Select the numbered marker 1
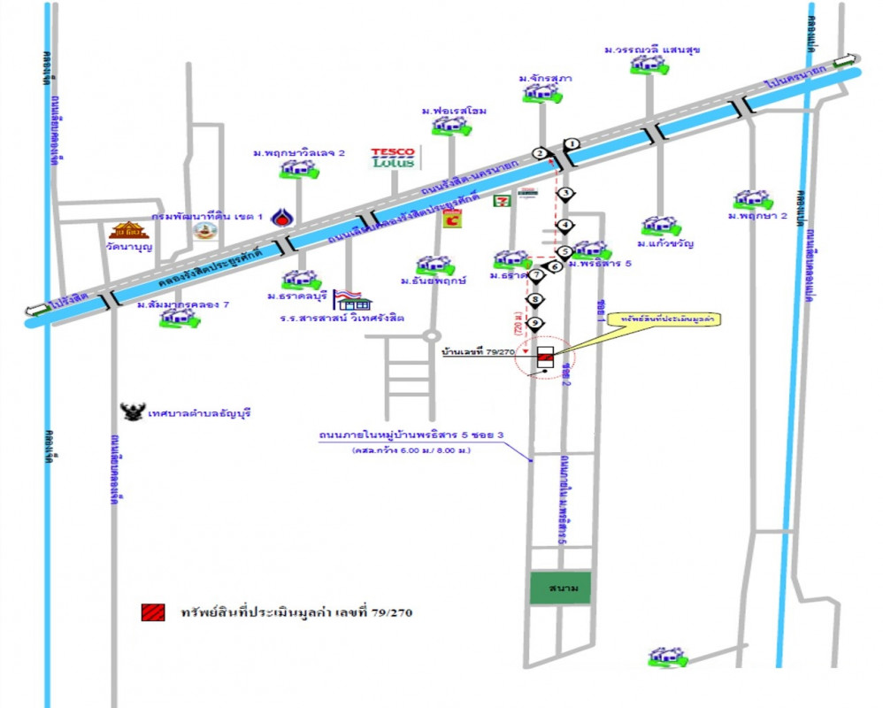tap(572, 143)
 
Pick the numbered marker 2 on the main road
tap(540, 153)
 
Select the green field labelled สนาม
tap(560, 589)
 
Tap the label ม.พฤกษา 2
tap(758, 216)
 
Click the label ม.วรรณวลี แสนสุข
tap(653, 50)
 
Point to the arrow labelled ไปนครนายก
tap(845, 62)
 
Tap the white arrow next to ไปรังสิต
tap(37, 309)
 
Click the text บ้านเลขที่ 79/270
tap(479, 351)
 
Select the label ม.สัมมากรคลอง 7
tap(183, 304)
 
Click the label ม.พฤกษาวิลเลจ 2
tap(298, 153)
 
